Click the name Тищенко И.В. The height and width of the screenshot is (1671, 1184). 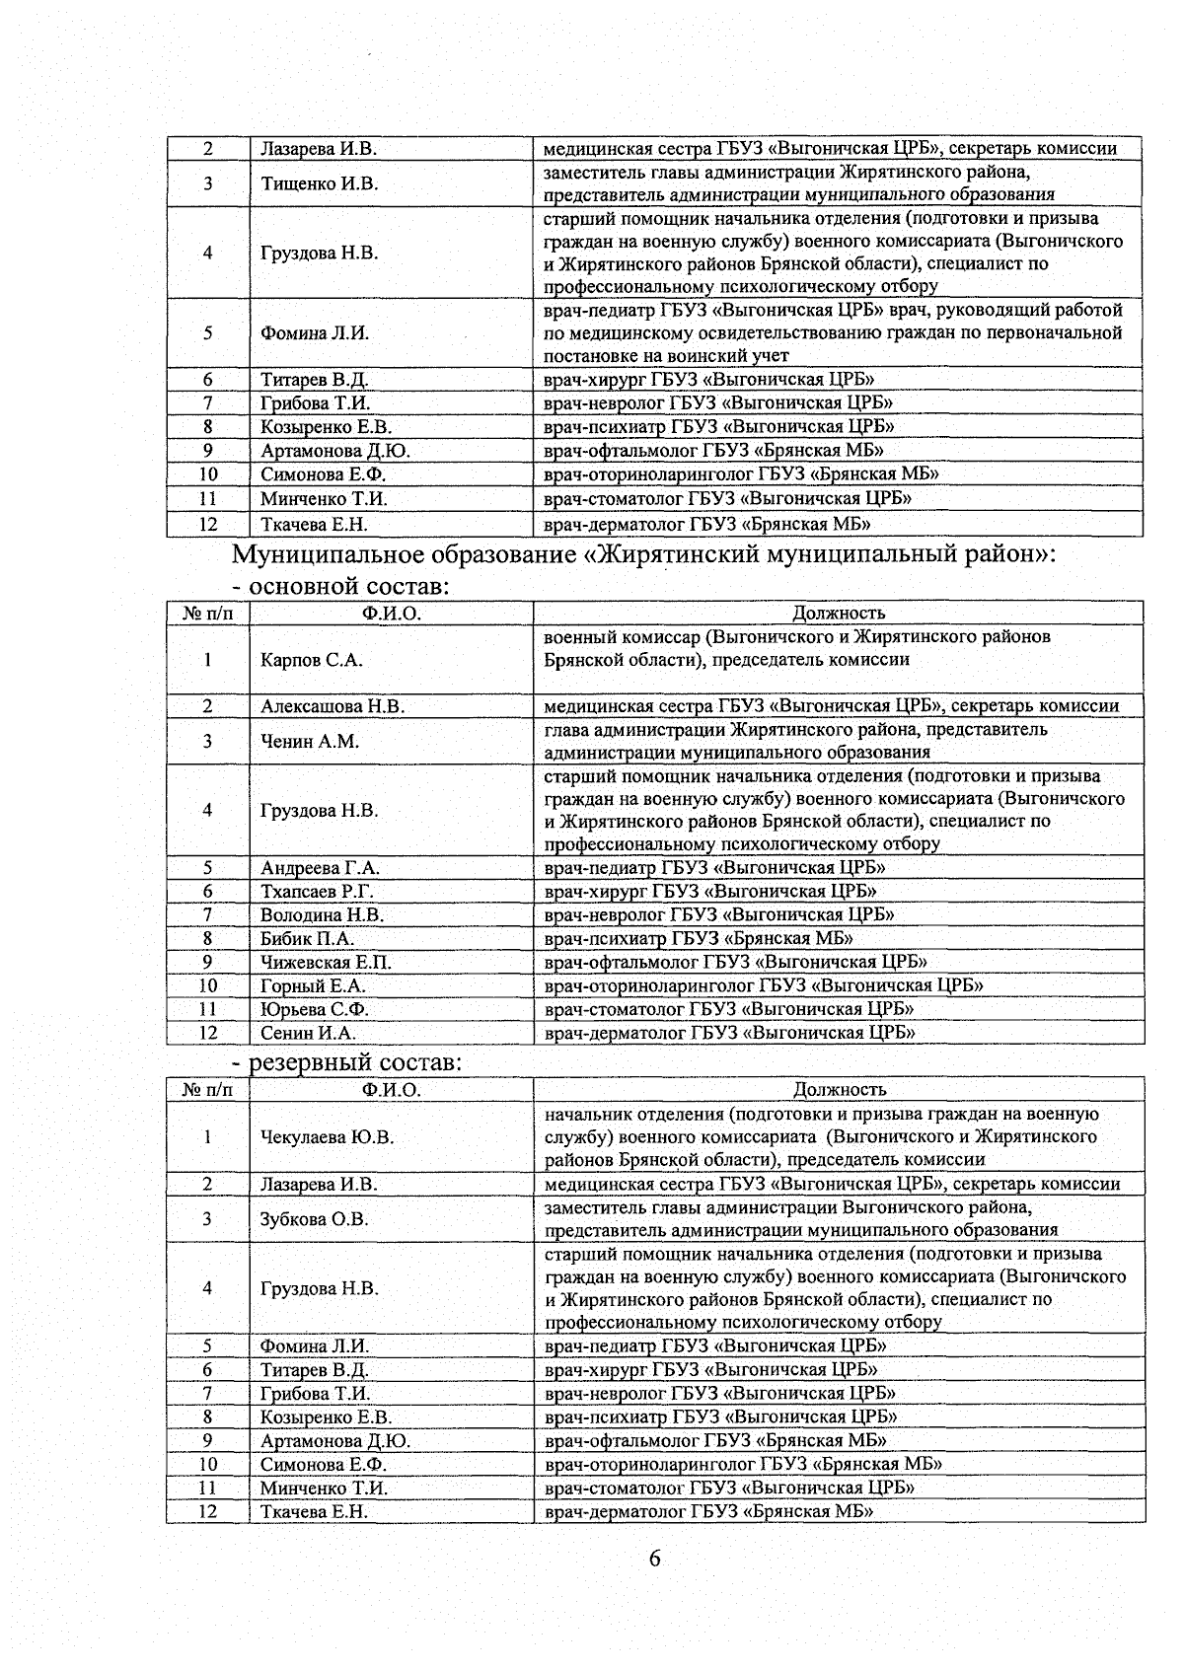point(319,183)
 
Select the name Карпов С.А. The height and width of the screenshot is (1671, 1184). point(311,660)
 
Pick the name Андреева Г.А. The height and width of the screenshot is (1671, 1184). point(320,868)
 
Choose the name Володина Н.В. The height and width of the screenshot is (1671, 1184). point(322,915)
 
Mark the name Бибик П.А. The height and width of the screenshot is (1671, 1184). point(307,939)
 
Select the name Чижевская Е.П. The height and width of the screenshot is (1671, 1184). point(326,963)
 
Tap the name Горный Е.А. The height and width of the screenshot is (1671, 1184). point(313,985)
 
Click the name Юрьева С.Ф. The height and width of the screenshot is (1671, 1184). point(315,1009)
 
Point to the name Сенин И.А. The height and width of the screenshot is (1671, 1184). point(308,1033)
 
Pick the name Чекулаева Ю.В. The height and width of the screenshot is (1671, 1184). point(327,1137)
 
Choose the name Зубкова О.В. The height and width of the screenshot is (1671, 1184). point(314,1219)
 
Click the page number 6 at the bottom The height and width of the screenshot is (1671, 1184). point(654,1560)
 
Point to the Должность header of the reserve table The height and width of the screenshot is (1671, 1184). point(840,1090)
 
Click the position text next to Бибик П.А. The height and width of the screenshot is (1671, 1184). point(699,939)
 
